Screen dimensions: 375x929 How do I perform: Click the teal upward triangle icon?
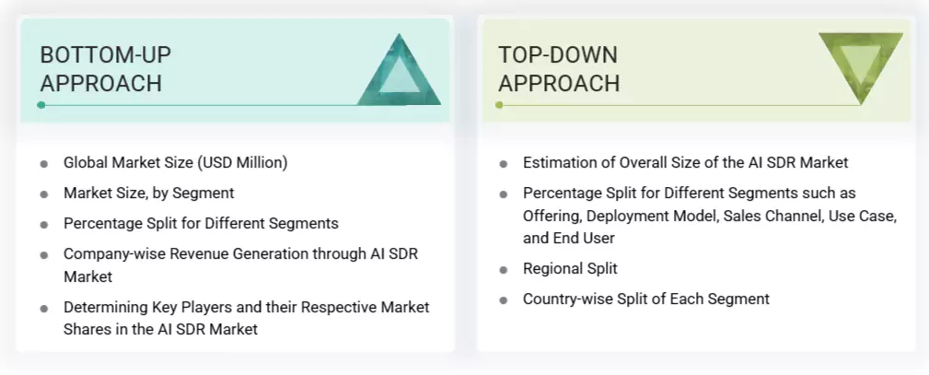tap(399, 74)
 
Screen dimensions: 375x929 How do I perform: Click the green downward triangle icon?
tap(860, 66)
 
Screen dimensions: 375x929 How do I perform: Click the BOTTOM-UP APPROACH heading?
tap(105, 69)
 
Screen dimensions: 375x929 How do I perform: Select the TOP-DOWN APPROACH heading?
tap(559, 69)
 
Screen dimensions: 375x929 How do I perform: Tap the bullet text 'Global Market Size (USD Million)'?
tap(175, 163)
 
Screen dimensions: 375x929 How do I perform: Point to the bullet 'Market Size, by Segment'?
tap(148, 193)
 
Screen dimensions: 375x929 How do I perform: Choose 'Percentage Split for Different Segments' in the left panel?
tap(201, 224)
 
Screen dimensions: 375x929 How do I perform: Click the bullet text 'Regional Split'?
tap(570, 269)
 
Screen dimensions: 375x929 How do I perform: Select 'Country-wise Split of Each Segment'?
tap(645, 299)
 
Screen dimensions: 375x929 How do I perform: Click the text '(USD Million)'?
tap(243, 163)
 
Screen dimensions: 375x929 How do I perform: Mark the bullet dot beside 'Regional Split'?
tap(504, 270)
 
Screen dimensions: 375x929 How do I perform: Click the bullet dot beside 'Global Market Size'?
tap(44, 164)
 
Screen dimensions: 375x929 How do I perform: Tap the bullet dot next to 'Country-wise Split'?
tap(504, 300)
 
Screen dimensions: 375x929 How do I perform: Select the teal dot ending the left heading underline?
tap(41, 105)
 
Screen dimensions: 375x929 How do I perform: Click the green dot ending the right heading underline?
tap(499, 105)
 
